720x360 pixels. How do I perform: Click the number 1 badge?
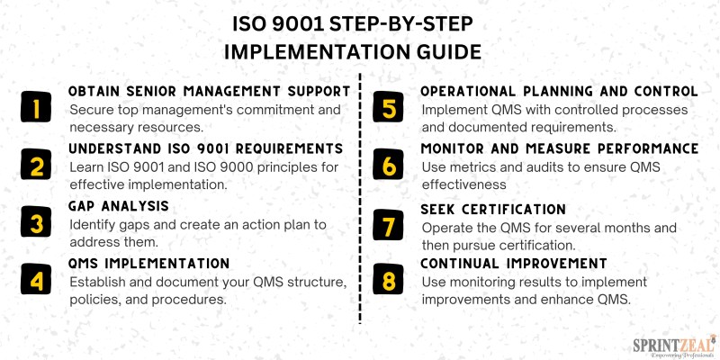36,107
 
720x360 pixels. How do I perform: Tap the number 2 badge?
36,165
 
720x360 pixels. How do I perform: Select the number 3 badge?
36,221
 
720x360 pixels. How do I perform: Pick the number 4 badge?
36,279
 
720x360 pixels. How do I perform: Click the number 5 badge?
388,107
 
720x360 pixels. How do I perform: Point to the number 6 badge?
388,165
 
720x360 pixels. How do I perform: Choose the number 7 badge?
388,225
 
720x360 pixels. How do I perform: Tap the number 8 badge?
388,279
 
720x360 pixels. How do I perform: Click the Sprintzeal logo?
674,346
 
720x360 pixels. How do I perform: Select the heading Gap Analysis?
119,206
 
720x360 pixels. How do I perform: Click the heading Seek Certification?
493,210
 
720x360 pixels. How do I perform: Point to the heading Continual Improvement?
514,264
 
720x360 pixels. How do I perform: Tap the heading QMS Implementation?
148,264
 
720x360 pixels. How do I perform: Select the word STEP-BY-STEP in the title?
401,25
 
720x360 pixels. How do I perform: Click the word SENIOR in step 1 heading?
151,92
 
